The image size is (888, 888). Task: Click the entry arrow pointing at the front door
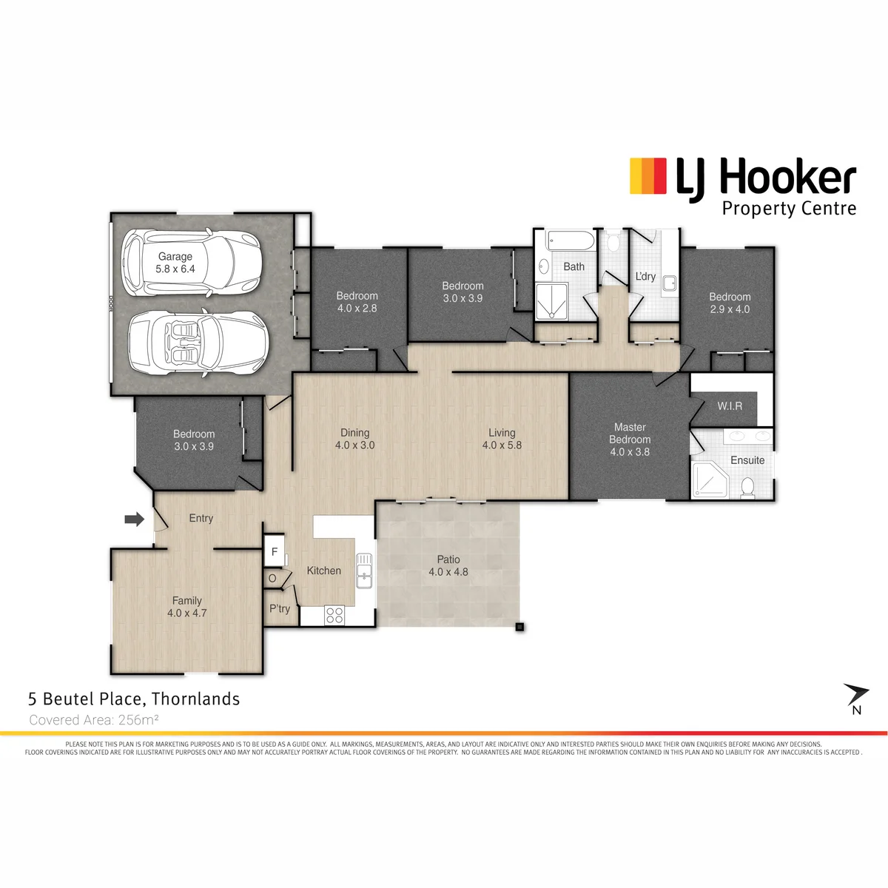135,519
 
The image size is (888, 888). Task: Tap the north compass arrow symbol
856,696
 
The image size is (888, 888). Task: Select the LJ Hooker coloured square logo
648,175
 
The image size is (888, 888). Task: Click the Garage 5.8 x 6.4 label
175,263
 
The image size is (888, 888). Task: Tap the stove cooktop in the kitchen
334,615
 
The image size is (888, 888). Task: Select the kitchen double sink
364,571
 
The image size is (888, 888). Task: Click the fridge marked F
275,551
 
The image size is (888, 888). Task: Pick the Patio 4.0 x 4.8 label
448,565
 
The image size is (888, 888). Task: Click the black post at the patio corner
519,627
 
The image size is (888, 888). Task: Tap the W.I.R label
730,406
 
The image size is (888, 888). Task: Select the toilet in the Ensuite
747,488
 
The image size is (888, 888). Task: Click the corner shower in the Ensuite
709,480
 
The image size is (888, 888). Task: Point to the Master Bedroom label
630,440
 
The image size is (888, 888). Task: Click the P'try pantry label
280,609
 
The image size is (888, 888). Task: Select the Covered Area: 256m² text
93,720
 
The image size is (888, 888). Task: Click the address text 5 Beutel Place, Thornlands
134,699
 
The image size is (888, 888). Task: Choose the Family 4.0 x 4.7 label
186,607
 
